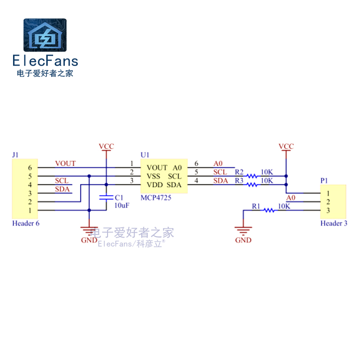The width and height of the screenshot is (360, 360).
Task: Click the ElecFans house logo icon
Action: click(45, 35)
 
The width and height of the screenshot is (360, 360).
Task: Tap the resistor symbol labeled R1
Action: click(270, 210)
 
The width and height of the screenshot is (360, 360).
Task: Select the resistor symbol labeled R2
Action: click(252, 175)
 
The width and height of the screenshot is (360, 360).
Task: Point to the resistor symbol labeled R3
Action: click(252, 184)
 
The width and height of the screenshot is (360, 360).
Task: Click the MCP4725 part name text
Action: click(156, 197)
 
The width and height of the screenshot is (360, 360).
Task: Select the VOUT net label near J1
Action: click(65, 163)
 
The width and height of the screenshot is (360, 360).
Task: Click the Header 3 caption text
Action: click(333, 223)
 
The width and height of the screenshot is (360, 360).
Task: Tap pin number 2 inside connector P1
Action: click(328, 202)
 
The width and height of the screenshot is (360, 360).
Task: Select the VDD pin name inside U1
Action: click(154, 184)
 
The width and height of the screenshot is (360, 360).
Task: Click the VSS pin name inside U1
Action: click(154, 176)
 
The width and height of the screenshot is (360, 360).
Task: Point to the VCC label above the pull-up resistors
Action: click(286, 146)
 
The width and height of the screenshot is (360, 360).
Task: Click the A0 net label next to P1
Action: click(291, 198)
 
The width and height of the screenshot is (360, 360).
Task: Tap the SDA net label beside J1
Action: click(62, 189)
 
